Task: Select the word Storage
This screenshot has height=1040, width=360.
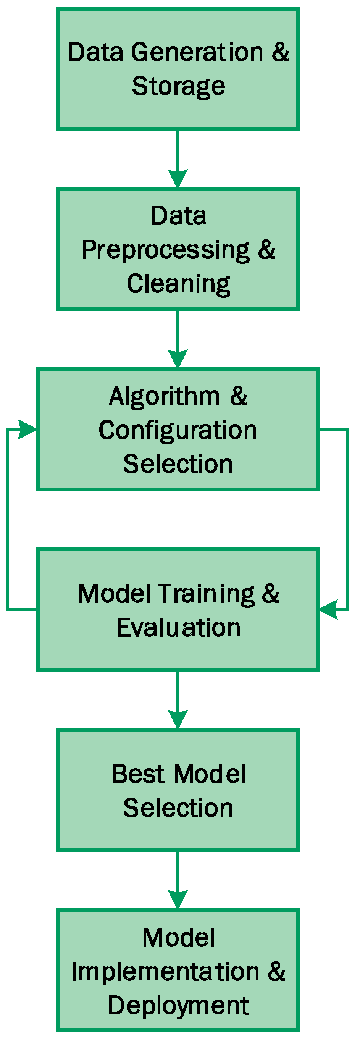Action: pos(178,86)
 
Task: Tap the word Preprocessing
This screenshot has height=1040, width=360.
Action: pos(165,250)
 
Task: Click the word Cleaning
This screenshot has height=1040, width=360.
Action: pos(178,284)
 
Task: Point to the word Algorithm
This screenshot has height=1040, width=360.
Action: pos(164,396)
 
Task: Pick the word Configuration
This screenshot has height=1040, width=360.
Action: pos(178,430)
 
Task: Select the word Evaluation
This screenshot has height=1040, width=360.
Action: pos(178,628)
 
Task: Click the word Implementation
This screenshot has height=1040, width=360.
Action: pos(165,972)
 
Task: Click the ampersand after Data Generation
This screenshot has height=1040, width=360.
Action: pos(280,52)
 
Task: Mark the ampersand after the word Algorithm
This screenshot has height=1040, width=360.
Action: pos(239,396)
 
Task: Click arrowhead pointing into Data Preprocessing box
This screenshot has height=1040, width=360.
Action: pos(178,178)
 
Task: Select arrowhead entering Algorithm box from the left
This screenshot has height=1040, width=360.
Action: pos(27,429)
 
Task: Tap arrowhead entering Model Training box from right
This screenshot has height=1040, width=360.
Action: pos(329,609)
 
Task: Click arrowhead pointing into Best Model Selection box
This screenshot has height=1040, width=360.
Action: pos(178,719)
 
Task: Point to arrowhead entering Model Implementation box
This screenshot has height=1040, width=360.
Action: pos(178,899)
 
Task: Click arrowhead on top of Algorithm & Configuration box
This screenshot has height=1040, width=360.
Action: pos(178,359)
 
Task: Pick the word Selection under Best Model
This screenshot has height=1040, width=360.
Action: pos(178,808)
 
